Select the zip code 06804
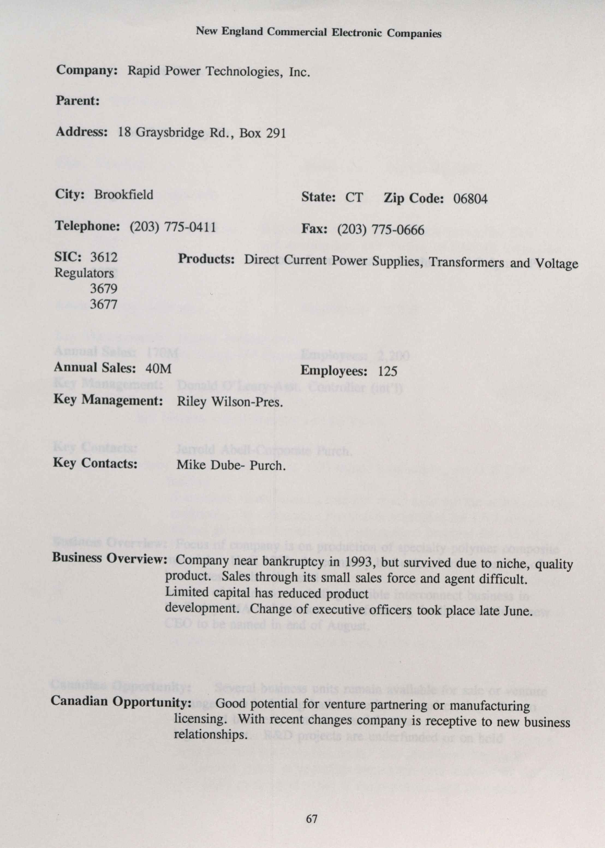point(470,199)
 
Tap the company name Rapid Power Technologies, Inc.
point(219,71)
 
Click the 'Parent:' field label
point(78,101)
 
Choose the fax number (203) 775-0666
point(380,230)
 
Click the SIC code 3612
point(104,257)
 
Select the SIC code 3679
point(104,289)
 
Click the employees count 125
point(388,371)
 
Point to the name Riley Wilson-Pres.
point(230,402)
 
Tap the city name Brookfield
point(123,195)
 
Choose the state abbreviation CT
point(354,197)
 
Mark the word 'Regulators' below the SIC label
point(84,273)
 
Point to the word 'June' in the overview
point(516,611)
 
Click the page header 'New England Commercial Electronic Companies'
point(318,32)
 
